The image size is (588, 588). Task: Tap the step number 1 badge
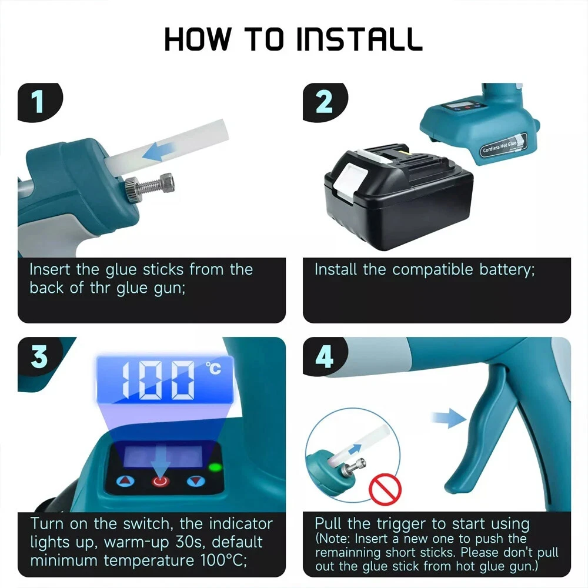pos(39,102)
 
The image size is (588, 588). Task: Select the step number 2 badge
pos(324,102)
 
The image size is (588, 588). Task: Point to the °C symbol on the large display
pos(213,369)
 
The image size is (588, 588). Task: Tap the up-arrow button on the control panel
pos(125,482)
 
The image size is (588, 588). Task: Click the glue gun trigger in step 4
pos(479,429)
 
